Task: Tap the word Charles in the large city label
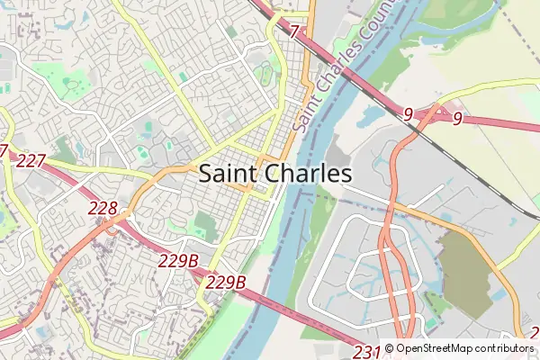coord(307,174)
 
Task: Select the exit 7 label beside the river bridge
coord(294,31)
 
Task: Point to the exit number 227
coord(31,161)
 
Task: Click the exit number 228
coord(103,209)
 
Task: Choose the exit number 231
coord(367,351)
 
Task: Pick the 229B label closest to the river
coord(225,283)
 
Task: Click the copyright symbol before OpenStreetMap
coord(390,348)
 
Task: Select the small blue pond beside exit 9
coord(372,115)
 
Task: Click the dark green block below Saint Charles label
coord(206,225)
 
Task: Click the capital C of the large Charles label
coord(271,174)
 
